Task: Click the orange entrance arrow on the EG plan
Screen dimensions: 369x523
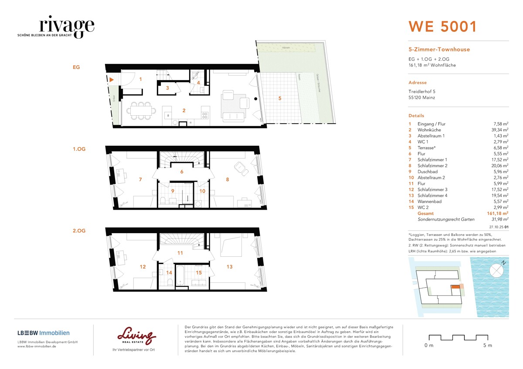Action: (x=112, y=80)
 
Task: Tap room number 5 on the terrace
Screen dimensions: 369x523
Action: (x=279, y=98)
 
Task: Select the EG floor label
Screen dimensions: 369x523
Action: (x=76, y=67)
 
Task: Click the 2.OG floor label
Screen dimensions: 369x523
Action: (x=79, y=230)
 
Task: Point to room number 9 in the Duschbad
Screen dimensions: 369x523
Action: (x=172, y=191)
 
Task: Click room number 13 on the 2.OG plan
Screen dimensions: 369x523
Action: (x=230, y=267)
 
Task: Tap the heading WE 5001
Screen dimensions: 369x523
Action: (x=442, y=27)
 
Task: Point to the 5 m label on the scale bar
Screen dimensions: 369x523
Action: (x=487, y=346)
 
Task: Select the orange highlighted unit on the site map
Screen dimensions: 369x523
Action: (x=455, y=287)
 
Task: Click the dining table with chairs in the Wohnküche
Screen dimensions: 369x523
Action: (x=142, y=111)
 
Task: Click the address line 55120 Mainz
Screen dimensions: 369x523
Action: (x=421, y=97)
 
